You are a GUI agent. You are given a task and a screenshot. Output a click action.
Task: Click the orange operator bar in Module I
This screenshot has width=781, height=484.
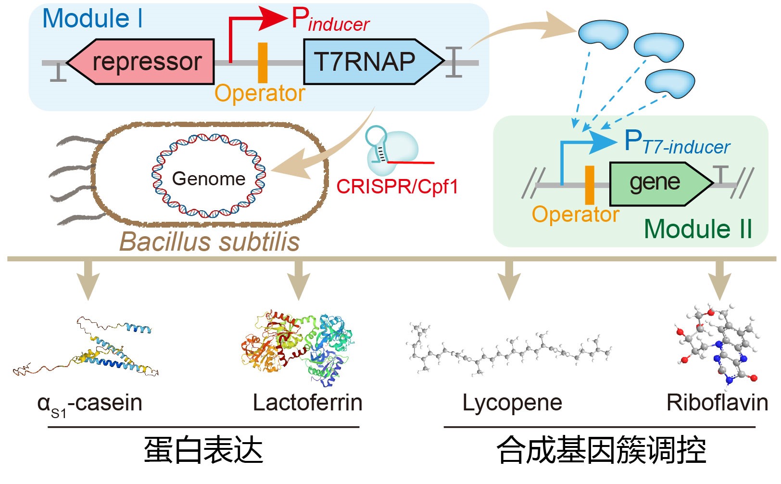click(x=263, y=63)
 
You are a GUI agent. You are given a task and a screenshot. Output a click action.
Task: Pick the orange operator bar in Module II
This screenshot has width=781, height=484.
click(x=589, y=185)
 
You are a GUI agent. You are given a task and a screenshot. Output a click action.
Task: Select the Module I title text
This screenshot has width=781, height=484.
click(x=92, y=19)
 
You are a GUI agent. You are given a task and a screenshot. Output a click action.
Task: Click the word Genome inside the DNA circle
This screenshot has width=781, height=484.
click(x=209, y=179)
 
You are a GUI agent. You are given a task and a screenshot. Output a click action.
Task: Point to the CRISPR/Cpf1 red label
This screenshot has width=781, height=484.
click(x=397, y=187)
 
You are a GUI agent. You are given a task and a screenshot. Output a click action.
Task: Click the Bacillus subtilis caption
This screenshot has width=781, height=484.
click(x=210, y=242)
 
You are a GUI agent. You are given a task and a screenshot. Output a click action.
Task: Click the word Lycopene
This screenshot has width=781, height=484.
click(x=512, y=403)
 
